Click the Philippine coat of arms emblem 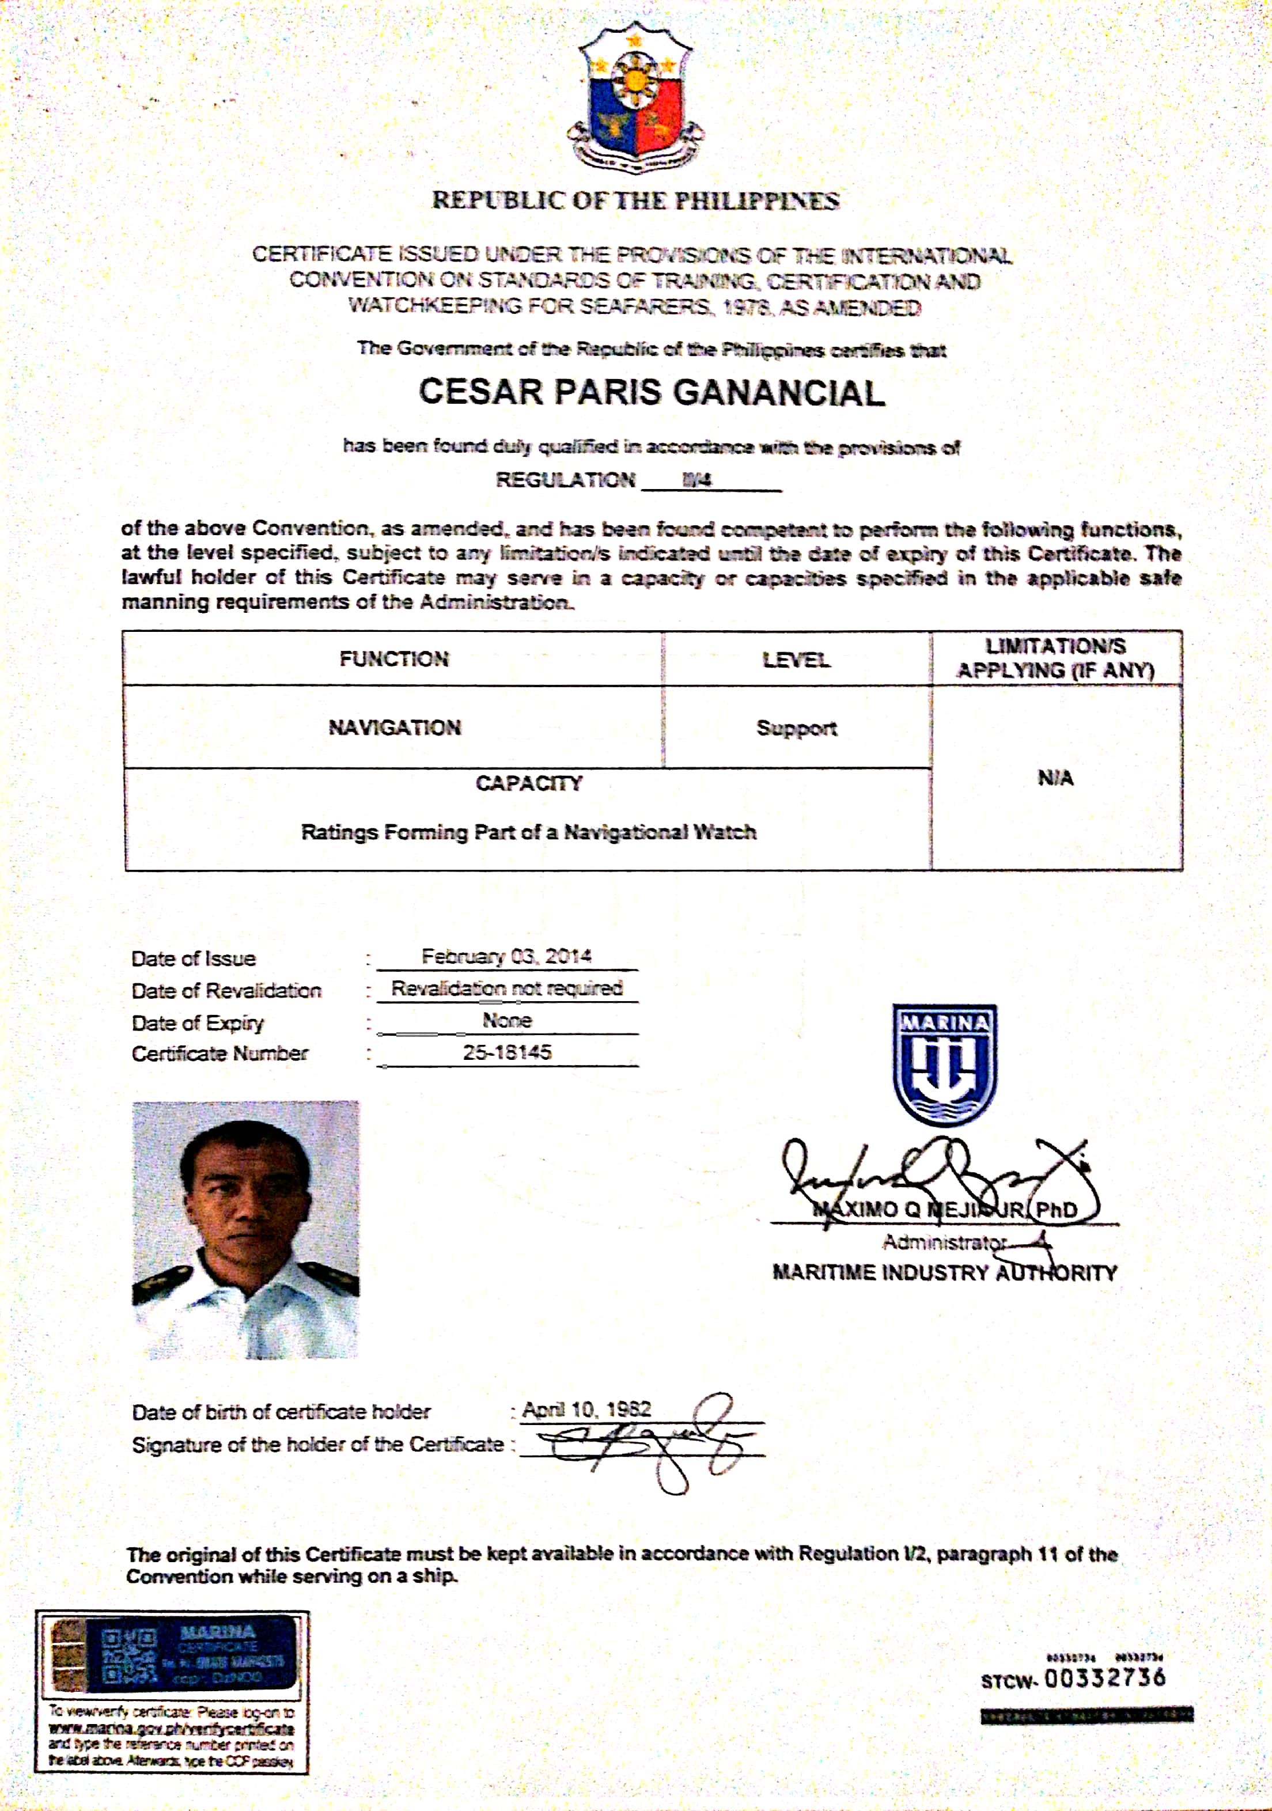coord(636,98)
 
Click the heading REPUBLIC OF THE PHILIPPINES coord(635,200)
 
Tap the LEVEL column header coord(796,660)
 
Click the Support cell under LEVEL coord(796,728)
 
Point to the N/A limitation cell coord(1055,779)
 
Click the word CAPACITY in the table coord(529,783)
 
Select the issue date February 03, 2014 coord(506,957)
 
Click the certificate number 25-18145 coord(506,1052)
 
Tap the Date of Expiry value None coord(506,1020)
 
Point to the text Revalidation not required coord(506,988)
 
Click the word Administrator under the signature coord(943,1243)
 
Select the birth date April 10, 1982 coord(586,1409)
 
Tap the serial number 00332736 coord(1105,1678)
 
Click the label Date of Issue coord(194,958)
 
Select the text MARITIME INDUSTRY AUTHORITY coord(945,1272)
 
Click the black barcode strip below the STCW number coord(1086,1715)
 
